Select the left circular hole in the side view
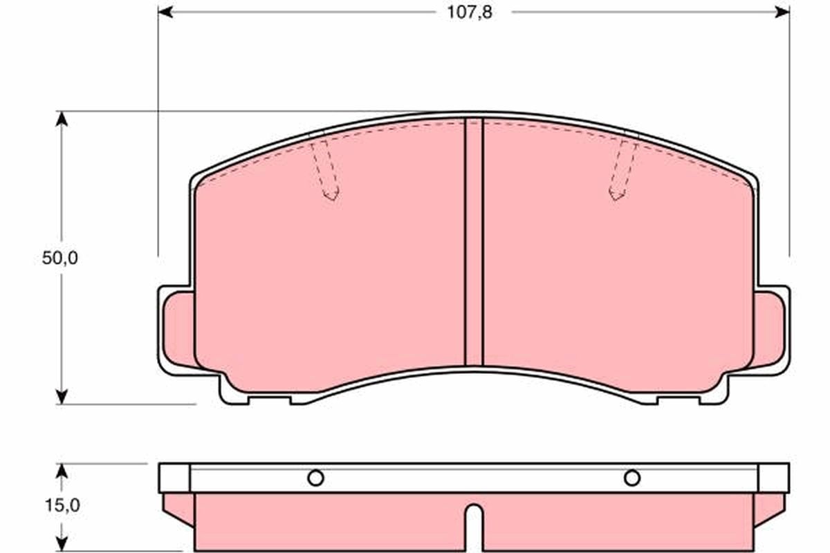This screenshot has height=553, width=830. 315,478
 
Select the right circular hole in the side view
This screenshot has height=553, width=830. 631,478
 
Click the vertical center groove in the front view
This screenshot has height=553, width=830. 474,242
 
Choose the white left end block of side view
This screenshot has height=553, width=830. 174,478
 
